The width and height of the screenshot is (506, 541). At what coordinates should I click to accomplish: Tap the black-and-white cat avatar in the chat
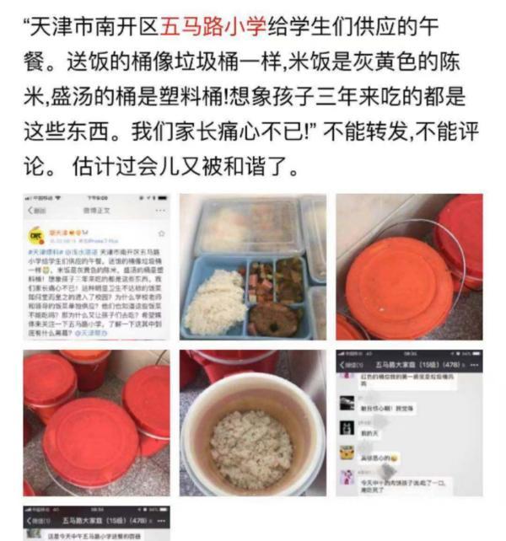click(x=347, y=426)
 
